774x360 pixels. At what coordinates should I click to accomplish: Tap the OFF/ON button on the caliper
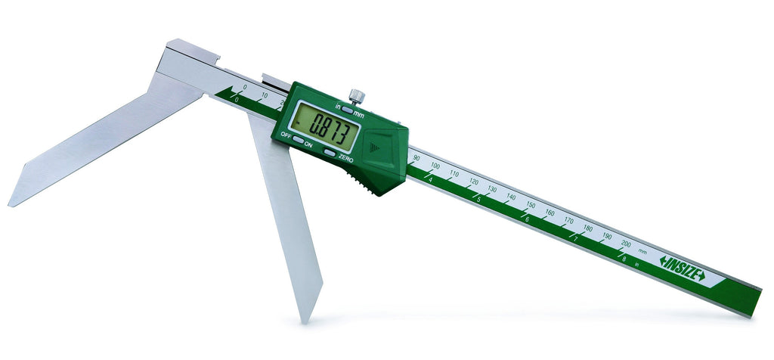pyautogui.click(x=298, y=139)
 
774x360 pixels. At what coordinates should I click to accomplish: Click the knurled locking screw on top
pyautogui.click(x=357, y=96)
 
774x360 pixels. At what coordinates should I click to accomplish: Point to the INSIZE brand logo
pyautogui.click(x=683, y=268)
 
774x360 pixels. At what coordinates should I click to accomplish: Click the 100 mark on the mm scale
pyautogui.click(x=435, y=166)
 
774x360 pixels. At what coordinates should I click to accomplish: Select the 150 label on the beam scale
pyautogui.click(x=530, y=204)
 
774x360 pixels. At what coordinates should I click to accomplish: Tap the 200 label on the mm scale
pyautogui.click(x=626, y=244)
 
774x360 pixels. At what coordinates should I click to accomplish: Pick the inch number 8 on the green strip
pyautogui.click(x=624, y=258)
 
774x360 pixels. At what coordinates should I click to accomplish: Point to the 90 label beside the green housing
pyautogui.click(x=416, y=158)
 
